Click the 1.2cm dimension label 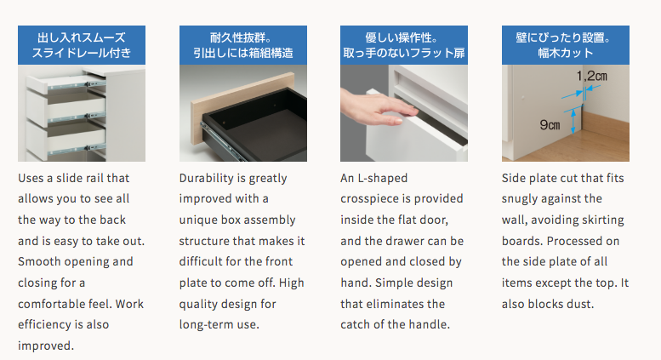pyautogui.click(x=591, y=76)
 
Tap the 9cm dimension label pyautogui.click(x=550, y=125)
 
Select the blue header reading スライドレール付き pyautogui.click(x=82, y=45)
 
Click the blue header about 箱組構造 pyautogui.click(x=243, y=45)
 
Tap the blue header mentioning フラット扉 pyautogui.click(x=404, y=45)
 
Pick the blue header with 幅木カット pyautogui.click(x=566, y=45)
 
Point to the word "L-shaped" pyautogui.click(x=382, y=179)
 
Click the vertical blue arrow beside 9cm pyautogui.click(x=573, y=121)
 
